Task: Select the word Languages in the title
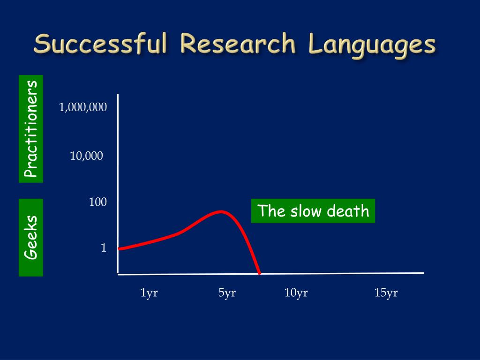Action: click(x=372, y=45)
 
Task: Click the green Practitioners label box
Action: click(x=31, y=129)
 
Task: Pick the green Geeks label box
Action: click(x=31, y=238)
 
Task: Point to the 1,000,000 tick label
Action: click(x=82, y=107)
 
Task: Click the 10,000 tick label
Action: click(x=86, y=156)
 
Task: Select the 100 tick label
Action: click(x=97, y=202)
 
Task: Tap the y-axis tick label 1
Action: click(x=104, y=247)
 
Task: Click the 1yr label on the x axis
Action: click(x=149, y=293)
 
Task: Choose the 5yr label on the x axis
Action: click(x=227, y=293)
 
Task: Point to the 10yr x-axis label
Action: click(x=296, y=293)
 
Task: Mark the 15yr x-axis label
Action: click(x=386, y=293)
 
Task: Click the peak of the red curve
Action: click(x=220, y=211)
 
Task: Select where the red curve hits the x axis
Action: click(x=259, y=273)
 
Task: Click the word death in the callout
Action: click(x=348, y=211)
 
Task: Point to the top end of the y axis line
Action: click(x=118, y=94)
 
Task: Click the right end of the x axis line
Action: click(x=423, y=273)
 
